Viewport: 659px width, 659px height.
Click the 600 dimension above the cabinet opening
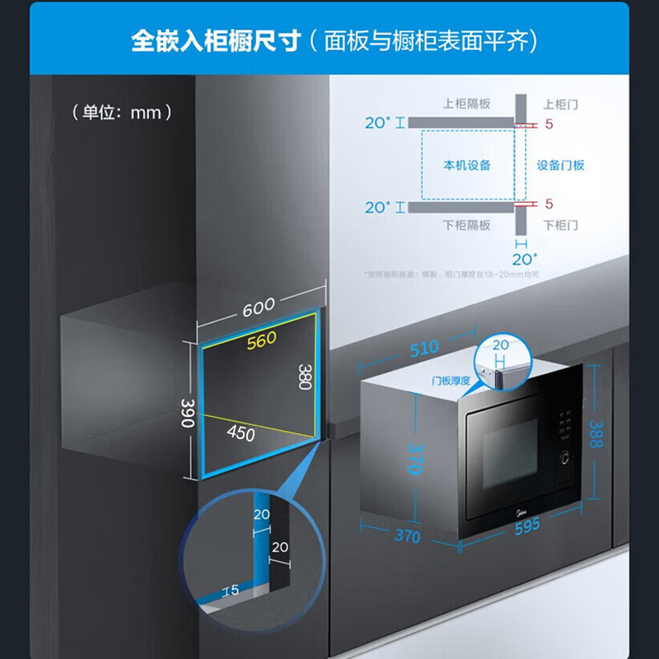click(x=259, y=307)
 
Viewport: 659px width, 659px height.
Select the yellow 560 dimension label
click(x=262, y=338)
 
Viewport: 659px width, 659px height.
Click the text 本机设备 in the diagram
click(x=467, y=166)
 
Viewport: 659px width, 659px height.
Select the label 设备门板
click(x=561, y=166)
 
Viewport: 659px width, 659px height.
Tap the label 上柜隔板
click(x=467, y=104)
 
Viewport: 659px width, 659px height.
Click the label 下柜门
click(x=561, y=225)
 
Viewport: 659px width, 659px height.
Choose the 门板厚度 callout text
click(x=451, y=381)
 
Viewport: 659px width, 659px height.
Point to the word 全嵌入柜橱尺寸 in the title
click(x=213, y=41)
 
